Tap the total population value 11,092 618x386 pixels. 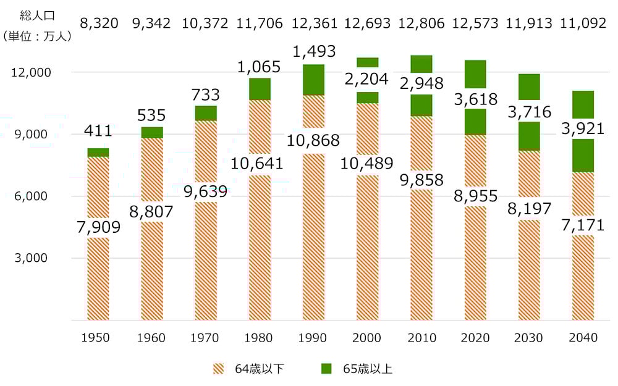(584, 23)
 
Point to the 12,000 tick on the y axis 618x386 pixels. (30, 72)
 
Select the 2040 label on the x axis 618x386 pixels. (583, 338)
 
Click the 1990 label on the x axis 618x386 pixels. (313, 338)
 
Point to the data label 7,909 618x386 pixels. (98, 228)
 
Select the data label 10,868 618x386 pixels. (313, 140)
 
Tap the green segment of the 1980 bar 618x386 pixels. (260, 89)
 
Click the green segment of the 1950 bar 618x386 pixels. (98, 153)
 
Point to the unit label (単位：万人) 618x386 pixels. (37, 36)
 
